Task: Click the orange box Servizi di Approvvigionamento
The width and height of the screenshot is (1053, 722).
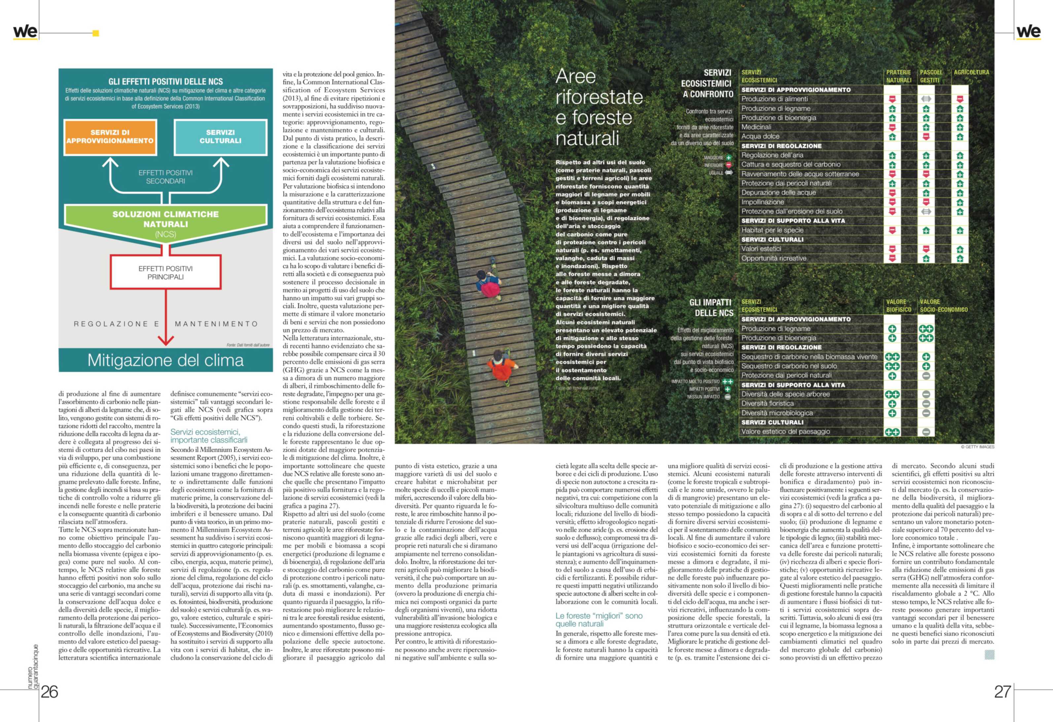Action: [x=110, y=137]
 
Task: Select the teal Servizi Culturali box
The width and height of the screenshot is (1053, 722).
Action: [x=220, y=137]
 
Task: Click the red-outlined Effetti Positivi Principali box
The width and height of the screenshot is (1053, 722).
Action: [x=165, y=272]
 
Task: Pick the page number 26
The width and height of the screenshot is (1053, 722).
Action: [x=50, y=692]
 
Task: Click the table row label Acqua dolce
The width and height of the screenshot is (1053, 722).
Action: [x=760, y=136]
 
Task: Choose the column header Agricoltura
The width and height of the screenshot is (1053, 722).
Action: [x=971, y=72]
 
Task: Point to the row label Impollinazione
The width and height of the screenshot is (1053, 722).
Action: [x=763, y=202]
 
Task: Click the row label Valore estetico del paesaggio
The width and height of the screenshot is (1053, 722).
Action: [x=786, y=431]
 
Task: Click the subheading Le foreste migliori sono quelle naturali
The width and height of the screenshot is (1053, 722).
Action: [x=599, y=620]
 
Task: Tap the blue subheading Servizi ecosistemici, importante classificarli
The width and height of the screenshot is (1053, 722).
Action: [x=209, y=436]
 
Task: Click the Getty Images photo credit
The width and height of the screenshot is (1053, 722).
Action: [x=977, y=447]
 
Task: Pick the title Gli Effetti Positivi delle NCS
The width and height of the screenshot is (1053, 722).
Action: [x=165, y=82]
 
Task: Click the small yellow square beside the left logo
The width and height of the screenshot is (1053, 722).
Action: [x=95, y=33]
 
